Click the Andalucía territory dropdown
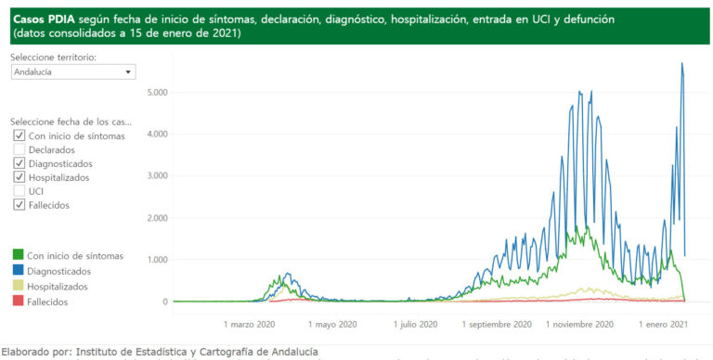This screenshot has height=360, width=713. pyautogui.click(x=73, y=71)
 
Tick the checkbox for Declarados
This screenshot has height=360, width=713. pyautogui.click(x=19, y=149)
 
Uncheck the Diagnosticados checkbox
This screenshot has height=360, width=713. pyautogui.click(x=19, y=163)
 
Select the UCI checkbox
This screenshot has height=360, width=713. pyautogui.click(x=19, y=191)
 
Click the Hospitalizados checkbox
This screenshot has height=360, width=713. pyautogui.click(x=19, y=177)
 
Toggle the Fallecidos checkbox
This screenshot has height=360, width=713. pyautogui.click(x=19, y=205)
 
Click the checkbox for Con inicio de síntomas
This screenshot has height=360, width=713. pyautogui.click(x=19, y=135)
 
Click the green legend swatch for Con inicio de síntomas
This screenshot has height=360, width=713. pyautogui.click(x=18, y=255)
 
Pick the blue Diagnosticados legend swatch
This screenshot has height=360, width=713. pyautogui.click(x=18, y=271)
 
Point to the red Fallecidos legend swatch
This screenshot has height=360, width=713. pyautogui.click(x=18, y=302)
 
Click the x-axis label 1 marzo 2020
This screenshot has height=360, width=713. pyautogui.click(x=251, y=325)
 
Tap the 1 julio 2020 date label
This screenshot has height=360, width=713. pyautogui.click(x=415, y=325)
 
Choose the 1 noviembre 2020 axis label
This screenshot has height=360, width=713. pyautogui.click(x=580, y=325)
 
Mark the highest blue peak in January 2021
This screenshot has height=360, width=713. pyautogui.click(x=682, y=64)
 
